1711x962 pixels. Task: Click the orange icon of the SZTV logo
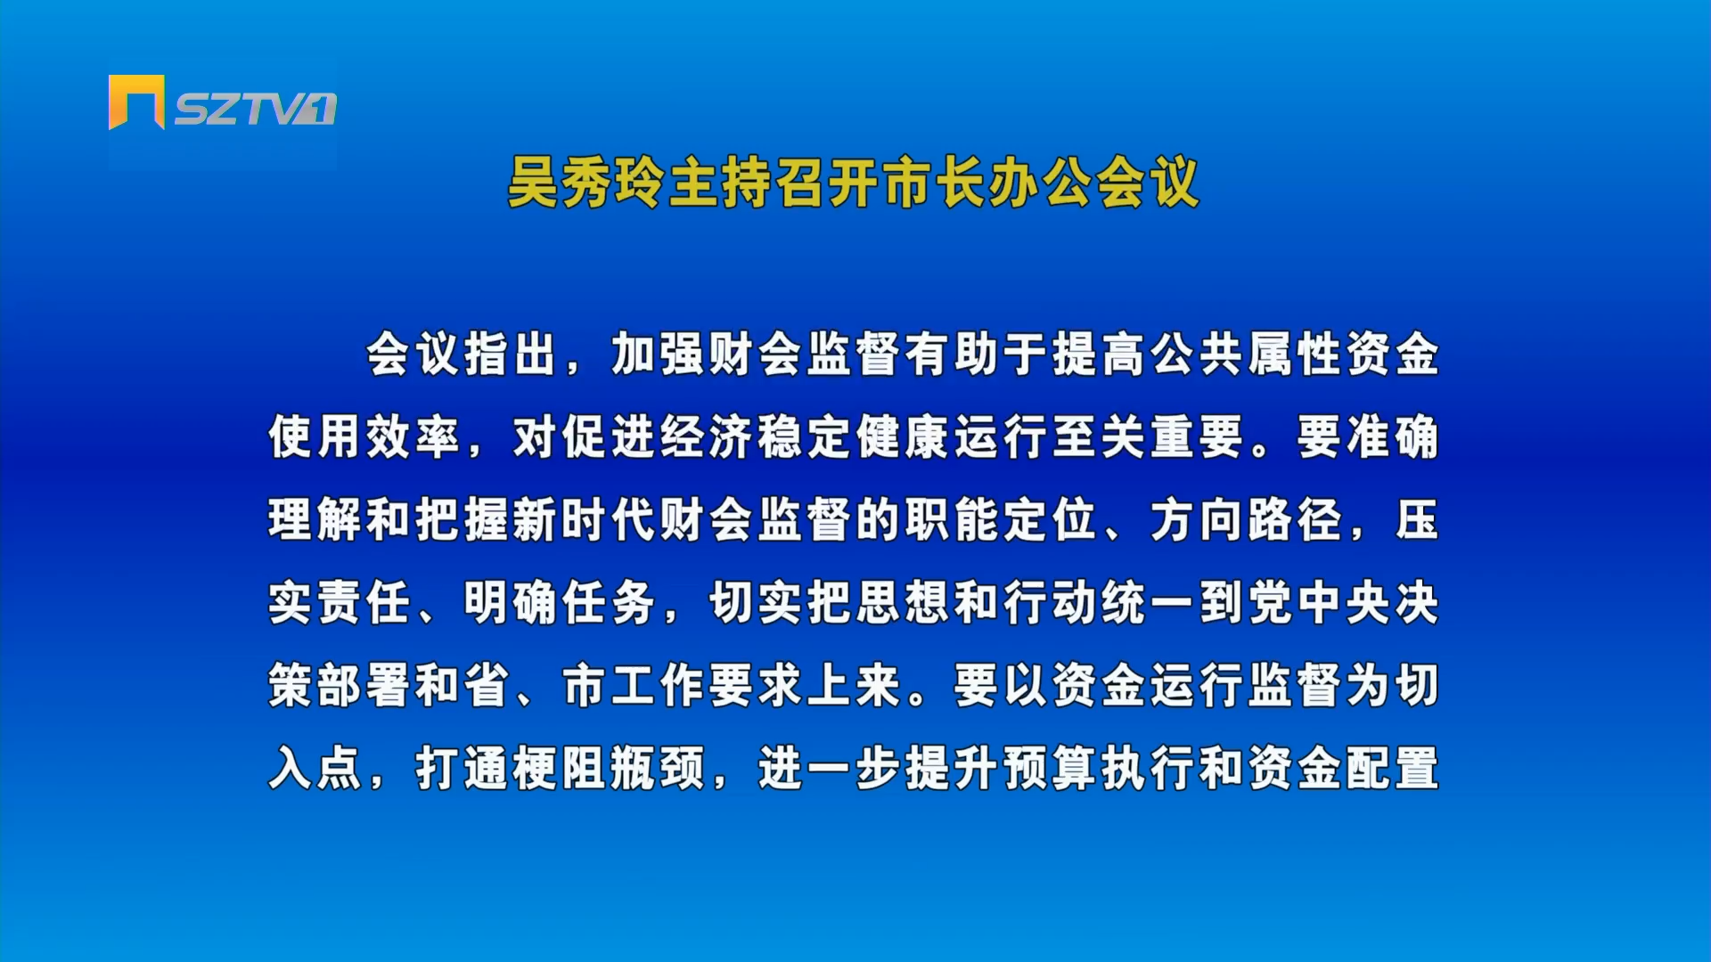[x=136, y=102]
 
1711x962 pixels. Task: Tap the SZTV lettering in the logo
[x=255, y=109]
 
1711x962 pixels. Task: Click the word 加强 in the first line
[x=659, y=355]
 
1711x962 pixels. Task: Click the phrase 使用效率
[x=364, y=437]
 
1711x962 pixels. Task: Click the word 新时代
[x=585, y=520]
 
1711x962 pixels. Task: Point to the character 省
[x=487, y=686]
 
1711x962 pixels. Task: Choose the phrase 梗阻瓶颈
[x=610, y=768]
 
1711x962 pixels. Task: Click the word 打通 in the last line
[x=463, y=768]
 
